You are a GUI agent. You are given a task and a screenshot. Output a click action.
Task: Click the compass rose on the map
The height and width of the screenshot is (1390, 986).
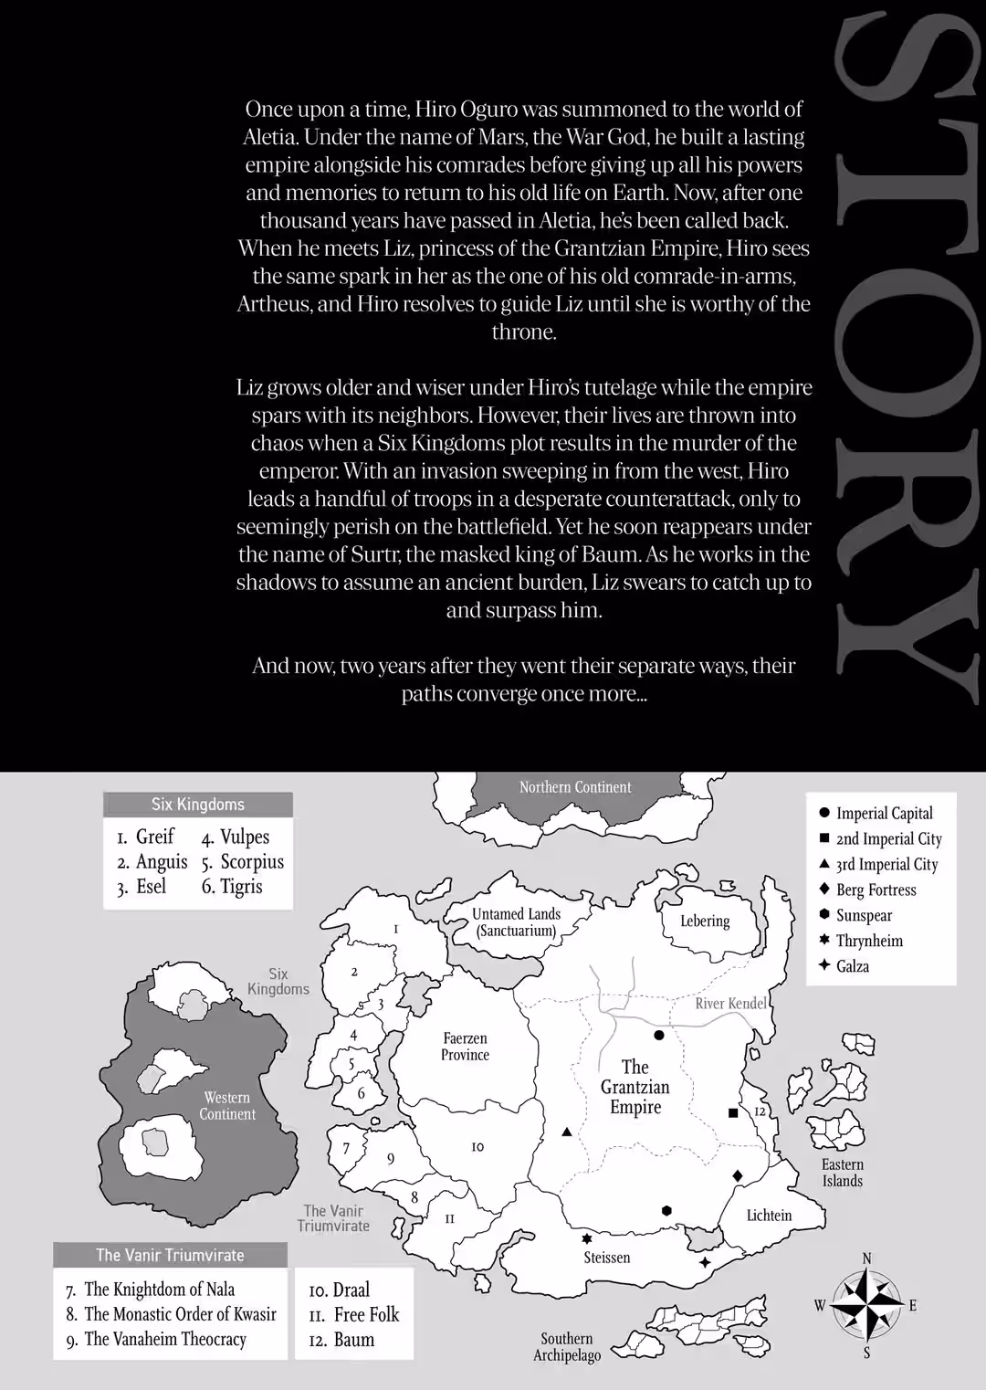tap(866, 1305)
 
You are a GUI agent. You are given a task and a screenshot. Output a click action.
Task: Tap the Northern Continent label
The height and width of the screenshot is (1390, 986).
tap(575, 787)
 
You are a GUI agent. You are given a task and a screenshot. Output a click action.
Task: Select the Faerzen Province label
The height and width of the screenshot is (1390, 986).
tap(466, 1047)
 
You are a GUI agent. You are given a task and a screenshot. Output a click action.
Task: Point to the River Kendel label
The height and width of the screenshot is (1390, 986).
tap(731, 1004)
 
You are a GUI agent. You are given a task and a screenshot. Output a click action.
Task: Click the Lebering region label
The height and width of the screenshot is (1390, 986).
tap(705, 921)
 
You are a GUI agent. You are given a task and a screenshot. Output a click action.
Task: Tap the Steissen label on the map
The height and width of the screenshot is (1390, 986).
tap(607, 1258)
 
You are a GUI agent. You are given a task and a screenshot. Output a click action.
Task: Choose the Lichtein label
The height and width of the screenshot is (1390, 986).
tap(769, 1216)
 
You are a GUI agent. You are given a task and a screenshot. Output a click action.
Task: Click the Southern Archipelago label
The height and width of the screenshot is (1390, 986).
tap(567, 1347)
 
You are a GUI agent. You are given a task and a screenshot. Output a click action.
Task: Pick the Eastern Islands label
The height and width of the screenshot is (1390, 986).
tap(842, 1173)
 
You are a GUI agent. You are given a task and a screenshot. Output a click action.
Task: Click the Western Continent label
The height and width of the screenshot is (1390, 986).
tap(227, 1106)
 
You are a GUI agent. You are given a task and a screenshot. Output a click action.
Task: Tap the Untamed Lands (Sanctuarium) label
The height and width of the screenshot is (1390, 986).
tap(517, 922)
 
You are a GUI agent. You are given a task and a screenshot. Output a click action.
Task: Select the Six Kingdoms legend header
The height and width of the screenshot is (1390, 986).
tap(198, 805)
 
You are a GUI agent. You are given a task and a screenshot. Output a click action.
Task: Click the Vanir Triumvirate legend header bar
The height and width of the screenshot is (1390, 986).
tap(171, 1255)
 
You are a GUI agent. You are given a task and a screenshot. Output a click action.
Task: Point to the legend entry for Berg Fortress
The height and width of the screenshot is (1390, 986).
tap(876, 890)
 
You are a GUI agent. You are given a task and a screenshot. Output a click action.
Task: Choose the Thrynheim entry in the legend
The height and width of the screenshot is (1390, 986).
tap(869, 941)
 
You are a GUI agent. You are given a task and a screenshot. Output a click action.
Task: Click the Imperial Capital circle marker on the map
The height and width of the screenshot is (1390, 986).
tap(659, 1035)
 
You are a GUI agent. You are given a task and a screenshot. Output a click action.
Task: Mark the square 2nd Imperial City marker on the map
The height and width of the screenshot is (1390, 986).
tap(732, 1113)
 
